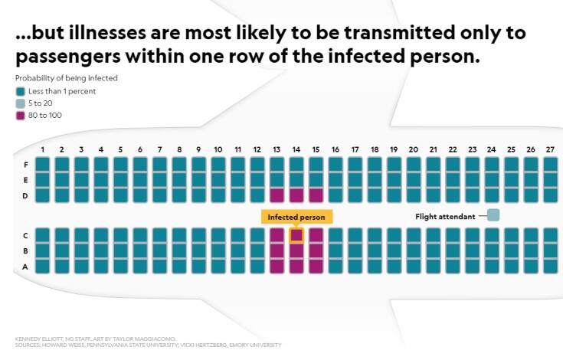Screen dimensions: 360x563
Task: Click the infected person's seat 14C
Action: pyautogui.click(x=296, y=235)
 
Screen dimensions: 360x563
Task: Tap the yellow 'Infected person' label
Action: pyautogui.click(x=296, y=217)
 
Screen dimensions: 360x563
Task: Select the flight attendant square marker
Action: pyautogui.click(x=493, y=215)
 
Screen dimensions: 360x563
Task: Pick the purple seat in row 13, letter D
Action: pyautogui.click(x=277, y=195)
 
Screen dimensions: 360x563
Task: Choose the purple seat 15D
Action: pyautogui.click(x=316, y=195)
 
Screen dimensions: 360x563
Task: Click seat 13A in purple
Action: pyautogui.click(x=277, y=266)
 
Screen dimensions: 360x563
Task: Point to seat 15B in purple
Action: pyautogui.click(x=316, y=250)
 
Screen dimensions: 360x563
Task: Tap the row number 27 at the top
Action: pyautogui.click(x=550, y=149)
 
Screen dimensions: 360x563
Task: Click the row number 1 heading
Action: pyautogui.click(x=43, y=149)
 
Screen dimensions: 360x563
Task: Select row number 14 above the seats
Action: pyautogui.click(x=296, y=149)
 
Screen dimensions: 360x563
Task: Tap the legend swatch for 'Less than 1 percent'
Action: pyautogui.click(x=20, y=91)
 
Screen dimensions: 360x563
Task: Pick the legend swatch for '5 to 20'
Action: pyautogui.click(x=20, y=103)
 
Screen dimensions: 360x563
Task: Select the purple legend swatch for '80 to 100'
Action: pyautogui.click(x=20, y=116)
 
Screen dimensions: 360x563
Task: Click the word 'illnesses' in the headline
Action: pyautogui.click(x=99, y=34)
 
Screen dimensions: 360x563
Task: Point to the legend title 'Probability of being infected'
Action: pyautogui.click(x=66, y=78)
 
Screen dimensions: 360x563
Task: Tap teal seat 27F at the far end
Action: pyautogui.click(x=550, y=164)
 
